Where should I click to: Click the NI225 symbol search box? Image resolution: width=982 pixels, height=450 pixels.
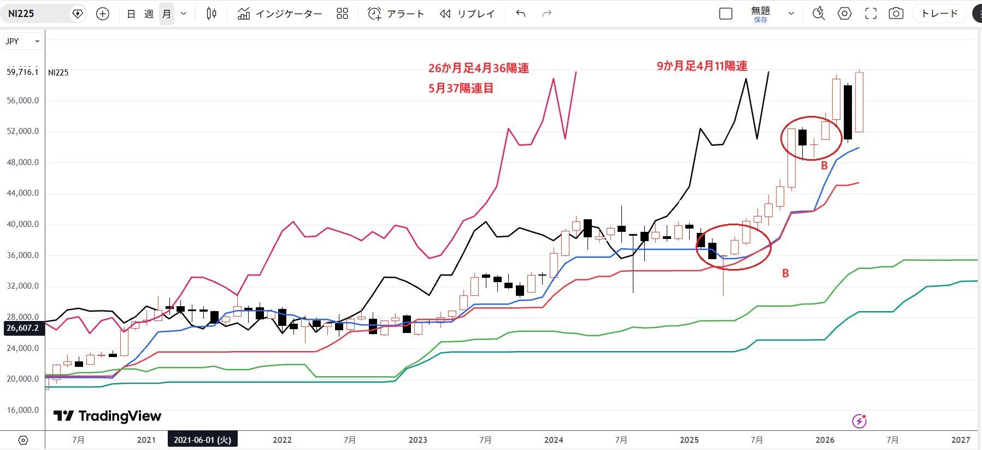click(38, 14)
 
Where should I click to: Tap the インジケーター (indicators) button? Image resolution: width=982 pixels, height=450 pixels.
click(280, 14)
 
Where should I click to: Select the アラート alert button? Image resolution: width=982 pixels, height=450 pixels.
click(396, 14)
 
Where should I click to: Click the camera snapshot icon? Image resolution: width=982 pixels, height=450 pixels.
click(896, 14)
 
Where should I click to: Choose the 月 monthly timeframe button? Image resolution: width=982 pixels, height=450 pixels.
click(167, 14)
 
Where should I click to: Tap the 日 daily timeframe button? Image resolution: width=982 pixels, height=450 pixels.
click(131, 14)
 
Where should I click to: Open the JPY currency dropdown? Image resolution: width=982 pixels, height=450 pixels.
click(22, 41)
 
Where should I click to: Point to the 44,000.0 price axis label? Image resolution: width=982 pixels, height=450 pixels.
click(22, 193)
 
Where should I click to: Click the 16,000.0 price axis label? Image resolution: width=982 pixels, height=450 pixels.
click(22, 410)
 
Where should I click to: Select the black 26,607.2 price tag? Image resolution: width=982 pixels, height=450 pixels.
click(22, 328)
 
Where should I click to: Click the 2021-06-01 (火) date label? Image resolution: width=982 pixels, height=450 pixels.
click(202, 440)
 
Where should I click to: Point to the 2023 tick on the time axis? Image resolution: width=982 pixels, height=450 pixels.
click(418, 440)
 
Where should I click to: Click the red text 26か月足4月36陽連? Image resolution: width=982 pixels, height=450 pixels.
click(478, 68)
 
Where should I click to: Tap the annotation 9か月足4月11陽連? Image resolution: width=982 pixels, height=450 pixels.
click(702, 66)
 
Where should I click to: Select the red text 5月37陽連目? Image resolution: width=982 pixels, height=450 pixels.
click(461, 88)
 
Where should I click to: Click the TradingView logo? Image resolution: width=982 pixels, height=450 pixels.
click(107, 416)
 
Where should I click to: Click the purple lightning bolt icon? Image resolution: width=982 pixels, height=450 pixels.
click(859, 421)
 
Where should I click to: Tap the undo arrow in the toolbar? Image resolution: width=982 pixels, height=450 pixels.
click(520, 14)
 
